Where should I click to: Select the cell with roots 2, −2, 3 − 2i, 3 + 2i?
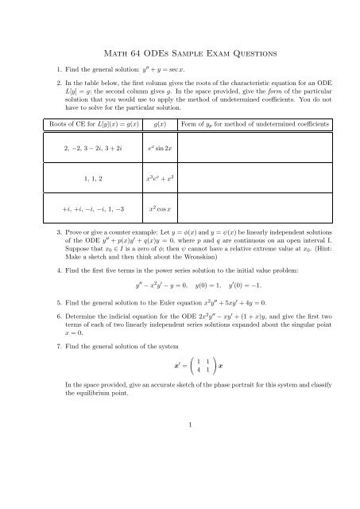pyautogui.click(x=74, y=147)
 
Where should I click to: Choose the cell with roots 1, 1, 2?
pyautogui.click(x=74, y=179)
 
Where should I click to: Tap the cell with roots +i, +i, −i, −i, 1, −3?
pyautogui.click(x=74, y=211)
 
